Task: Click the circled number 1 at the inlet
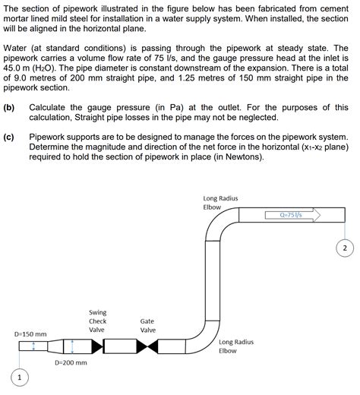(x=20, y=378)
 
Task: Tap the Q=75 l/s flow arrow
(x=292, y=215)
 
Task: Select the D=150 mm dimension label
(x=30, y=333)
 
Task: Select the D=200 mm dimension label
(x=71, y=363)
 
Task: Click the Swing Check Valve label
(x=98, y=321)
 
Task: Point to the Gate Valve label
(x=147, y=325)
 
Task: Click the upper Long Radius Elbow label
(x=220, y=202)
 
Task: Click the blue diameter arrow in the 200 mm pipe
(x=71, y=346)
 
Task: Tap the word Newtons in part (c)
(x=239, y=156)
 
